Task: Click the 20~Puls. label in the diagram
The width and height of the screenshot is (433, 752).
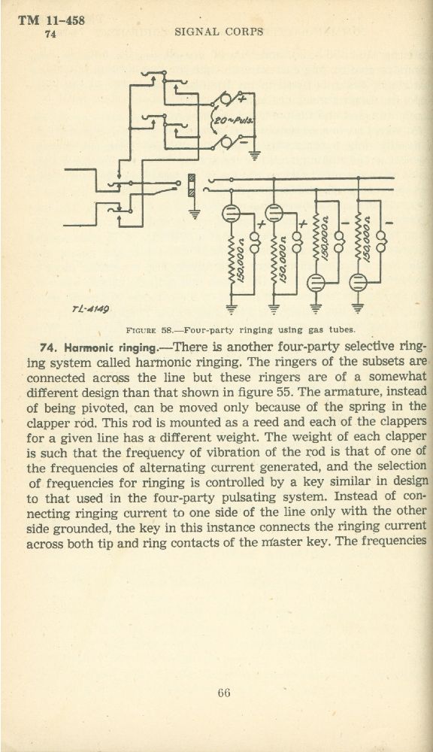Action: [233, 120]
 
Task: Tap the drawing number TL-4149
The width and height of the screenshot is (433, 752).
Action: [91, 309]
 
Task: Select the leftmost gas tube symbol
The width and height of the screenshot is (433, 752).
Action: [231, 213]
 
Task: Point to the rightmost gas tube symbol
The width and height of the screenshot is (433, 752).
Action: [358, 283]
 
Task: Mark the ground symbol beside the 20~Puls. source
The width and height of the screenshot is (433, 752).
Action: [255, 155]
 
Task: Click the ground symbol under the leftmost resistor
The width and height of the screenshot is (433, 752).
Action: [231, 309]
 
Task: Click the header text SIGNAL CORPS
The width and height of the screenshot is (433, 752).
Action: [220, 32]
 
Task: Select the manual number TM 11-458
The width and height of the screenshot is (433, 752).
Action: [51, 20]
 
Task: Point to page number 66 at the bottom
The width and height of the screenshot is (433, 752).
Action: [223, 693]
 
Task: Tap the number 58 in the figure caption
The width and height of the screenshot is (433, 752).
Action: [166, 330]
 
